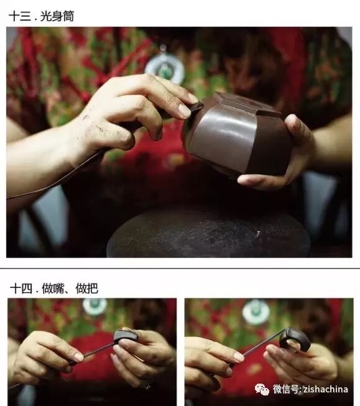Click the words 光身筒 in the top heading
[x=57, y=16]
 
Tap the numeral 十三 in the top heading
[x=20, y=16]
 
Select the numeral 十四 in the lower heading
[x=21, y=288]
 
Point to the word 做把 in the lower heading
[x=87, y=288]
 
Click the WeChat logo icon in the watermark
[x=262, y=389]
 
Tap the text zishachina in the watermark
[x=325, y=389]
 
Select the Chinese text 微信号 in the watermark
[x=286, y=389]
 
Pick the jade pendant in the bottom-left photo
[x=95, y=307]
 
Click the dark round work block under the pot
[x=209, y=235]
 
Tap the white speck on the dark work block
[x=258, y=234]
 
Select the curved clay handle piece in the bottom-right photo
[x=296, y=339]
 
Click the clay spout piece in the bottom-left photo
[x=126, y=337]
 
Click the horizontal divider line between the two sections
[x=180, y=269]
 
